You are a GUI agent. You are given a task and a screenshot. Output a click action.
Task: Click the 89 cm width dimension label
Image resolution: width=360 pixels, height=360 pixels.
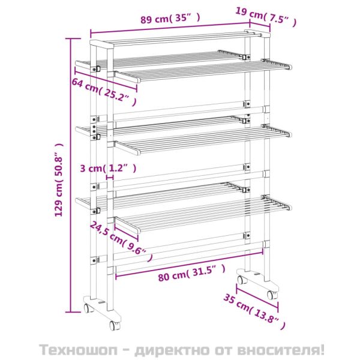pyautogui.click(x=170, y=19)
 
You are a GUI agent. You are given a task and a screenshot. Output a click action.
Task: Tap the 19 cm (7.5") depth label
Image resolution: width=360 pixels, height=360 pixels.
pyautogui.click(x=266, y=17)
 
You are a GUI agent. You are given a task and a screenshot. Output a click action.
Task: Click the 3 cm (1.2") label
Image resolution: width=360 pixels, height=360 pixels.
pyautogui.click(x=108, y=168)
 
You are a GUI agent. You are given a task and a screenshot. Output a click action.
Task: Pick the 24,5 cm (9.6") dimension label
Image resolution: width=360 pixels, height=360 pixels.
pyautogui.click(x=121, y=241)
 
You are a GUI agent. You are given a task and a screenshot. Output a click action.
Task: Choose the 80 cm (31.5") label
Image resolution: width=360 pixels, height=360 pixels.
pyautogui.click(x=191, y=272)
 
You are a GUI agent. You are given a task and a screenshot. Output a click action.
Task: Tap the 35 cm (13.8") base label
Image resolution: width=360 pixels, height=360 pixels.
pyautogui.click(x=254, y=311)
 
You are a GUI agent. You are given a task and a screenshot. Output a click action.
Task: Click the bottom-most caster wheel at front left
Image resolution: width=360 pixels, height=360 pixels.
pyautogui.click(x=114, y=325)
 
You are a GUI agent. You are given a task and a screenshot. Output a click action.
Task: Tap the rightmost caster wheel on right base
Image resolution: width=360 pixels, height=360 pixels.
pyautogui.click(x=272, y=295)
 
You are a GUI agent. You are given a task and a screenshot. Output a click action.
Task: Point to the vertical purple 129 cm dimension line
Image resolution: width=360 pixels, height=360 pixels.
pyautogui.click(x=71, y=175)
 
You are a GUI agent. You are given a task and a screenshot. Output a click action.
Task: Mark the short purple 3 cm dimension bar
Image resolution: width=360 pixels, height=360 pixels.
pyautogui.click(x=110, y=177)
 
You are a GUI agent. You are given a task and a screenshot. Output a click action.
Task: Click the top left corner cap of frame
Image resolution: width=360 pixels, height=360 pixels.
pyautogui.click(x=101, y=44)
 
